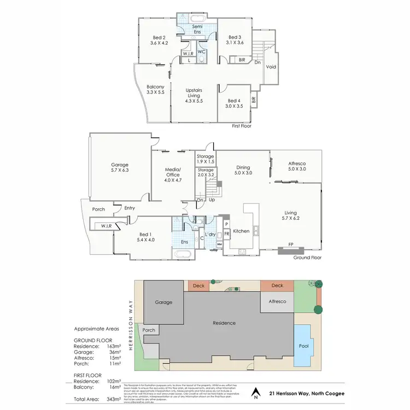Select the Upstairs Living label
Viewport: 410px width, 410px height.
(x=194, y=92)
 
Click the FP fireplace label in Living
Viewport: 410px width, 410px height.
(x=289, y=244)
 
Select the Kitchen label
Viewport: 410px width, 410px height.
(x=241, y=231)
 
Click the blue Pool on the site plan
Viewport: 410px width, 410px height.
(x=303, y=346)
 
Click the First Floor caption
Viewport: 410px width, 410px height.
(x=243, y=125)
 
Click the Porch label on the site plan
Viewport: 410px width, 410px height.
(x=149, y=330)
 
